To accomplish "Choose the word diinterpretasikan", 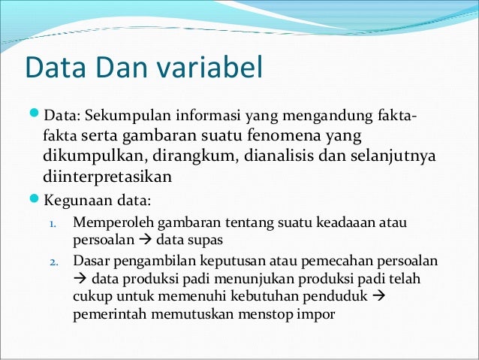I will [x=107, y=177].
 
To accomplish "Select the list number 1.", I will [x=53, y=224].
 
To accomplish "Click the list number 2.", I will [x=53, y=262].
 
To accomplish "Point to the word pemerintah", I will [x=111, y=315].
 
